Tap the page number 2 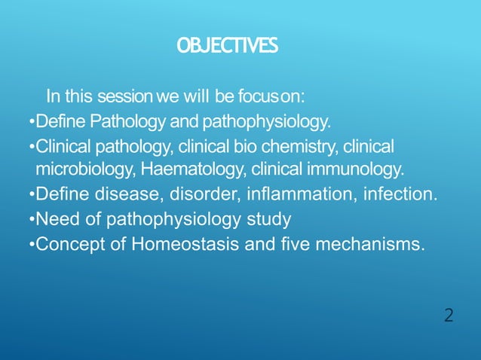click(x=449, y=316)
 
